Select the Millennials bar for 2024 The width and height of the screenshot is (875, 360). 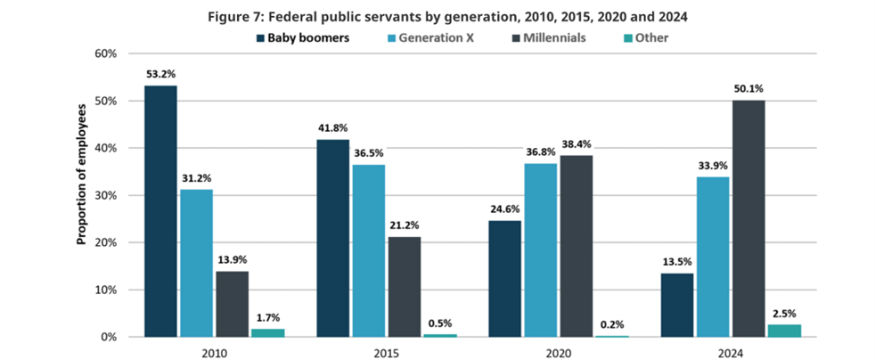[x=748, y=218]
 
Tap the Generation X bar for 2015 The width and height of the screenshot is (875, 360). [x=368, y=250]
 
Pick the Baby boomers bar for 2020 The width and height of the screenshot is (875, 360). [x=505, y=279]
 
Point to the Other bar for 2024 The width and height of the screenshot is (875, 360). [x=784, y=331]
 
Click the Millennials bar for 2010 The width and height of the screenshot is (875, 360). [x=232, y=304]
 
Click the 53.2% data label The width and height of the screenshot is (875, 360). [x=160, y=74]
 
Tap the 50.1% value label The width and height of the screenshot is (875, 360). [x=748, y=88]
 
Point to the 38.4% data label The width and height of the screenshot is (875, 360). [x=577, y=143]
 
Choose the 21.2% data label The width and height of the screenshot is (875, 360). [x=404, y=225]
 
